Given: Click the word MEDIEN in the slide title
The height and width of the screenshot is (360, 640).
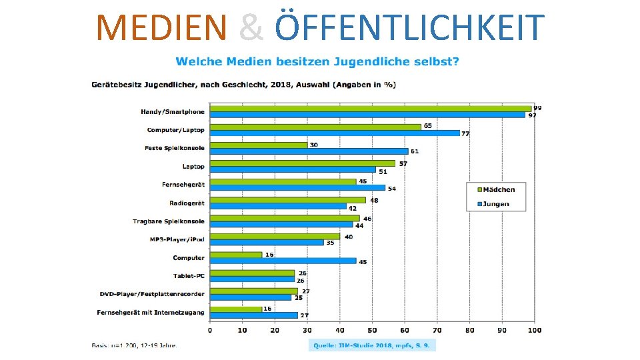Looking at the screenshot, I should [x=161, y=28].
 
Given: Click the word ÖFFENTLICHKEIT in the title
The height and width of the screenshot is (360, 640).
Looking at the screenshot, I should [x=409, y=28].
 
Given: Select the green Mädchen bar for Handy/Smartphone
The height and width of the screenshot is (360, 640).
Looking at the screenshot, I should [x=370, y=109].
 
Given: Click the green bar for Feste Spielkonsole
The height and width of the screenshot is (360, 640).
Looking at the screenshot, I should [x=259, y=145].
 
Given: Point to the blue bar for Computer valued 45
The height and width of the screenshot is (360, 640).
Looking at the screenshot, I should [x=283, y=261].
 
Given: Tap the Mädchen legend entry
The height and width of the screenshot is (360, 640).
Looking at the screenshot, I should [x=499, y=190].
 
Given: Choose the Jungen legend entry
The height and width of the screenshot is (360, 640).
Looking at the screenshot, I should [x=496, y=204].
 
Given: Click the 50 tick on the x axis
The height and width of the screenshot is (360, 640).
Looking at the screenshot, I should [x=372, y=330].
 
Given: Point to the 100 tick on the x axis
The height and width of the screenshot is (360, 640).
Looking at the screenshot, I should [x=534, y=330].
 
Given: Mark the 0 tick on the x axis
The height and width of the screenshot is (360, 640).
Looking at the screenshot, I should [x=210, y=330].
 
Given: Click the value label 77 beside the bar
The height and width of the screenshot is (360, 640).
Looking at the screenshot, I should [x=465, y=134].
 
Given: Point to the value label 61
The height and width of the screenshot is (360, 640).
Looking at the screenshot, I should [x=414, y=152].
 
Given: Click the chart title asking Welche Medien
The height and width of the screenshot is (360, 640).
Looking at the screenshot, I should [x=317, y=62].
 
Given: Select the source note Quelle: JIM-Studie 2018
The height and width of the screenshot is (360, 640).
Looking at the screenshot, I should [x=372, y=345].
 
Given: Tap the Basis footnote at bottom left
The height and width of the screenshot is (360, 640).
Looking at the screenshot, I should [x=134, y=345].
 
